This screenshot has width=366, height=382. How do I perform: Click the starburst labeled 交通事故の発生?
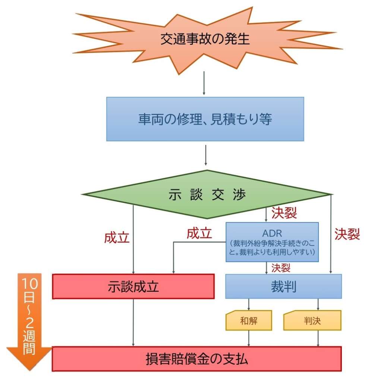point(205,39)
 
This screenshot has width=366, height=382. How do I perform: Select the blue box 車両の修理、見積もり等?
point(205,119)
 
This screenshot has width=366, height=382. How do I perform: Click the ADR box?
point(272,242)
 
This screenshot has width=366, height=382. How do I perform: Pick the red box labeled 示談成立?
point(133,286)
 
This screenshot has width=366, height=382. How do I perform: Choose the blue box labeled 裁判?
point(283,286)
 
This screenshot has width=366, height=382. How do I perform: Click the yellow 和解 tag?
point(249,320)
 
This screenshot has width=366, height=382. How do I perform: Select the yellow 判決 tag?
point(312,320)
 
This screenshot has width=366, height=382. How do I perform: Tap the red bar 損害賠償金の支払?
point(196,359)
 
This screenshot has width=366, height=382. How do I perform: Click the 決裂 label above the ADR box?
point(284,213)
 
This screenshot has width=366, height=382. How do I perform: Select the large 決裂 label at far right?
point(347,234)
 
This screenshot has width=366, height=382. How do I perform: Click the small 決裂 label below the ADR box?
point(281,267)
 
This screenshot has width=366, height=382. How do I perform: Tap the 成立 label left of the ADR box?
point(199,234)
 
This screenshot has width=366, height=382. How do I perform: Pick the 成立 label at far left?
point(117,238)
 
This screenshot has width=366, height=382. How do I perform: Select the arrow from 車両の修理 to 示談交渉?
point(205,155)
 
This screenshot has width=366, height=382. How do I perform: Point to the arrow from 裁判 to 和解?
point(249,304)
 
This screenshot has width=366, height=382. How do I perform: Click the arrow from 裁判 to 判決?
point(318,304)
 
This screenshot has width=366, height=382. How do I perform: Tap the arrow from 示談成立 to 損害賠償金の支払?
point(133,322)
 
